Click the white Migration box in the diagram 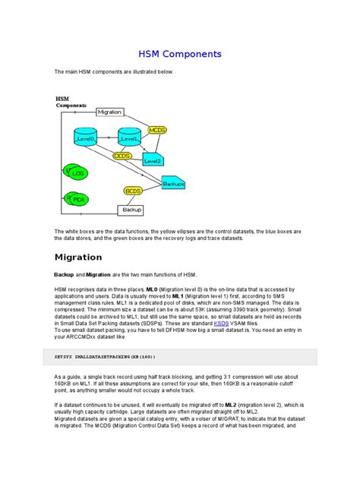(109, 112)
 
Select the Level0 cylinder (86, 138)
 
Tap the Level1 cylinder (129, 138)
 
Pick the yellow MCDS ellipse (157, 131)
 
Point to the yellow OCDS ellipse (123, 156)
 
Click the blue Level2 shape (153, 159)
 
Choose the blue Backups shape (175, 183)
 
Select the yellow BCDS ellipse (133, 191)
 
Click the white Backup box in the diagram (131, 209)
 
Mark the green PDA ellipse (77, 199)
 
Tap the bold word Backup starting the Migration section (63, 273)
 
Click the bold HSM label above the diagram (62, 99)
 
